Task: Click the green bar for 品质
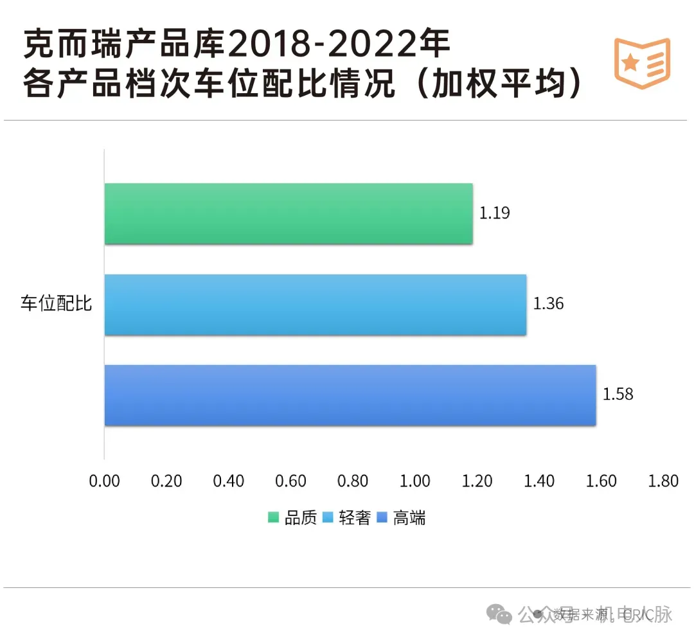pos(289,214)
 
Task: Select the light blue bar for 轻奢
pos(316,305)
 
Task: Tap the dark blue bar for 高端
pos(350,395)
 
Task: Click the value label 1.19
pos(494,213)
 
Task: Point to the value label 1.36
pos(548,304)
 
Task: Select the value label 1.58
pos(618,394)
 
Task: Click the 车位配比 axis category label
pos(57,304)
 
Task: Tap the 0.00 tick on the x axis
pos(104,481)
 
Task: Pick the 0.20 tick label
pos(166,481)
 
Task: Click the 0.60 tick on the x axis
pos(290,481)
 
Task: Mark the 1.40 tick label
pos(538,481)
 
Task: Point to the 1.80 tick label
pos(663,481)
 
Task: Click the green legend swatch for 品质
pos(274,518)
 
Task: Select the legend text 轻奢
pos(355,518)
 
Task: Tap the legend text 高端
pos(409,518)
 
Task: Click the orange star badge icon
pos(641,62)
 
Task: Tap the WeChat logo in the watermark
pos(499,614)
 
